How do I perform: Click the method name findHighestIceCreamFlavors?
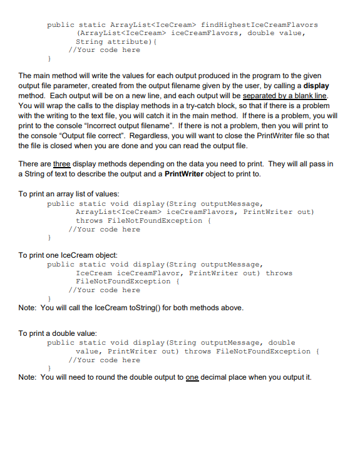(259, 24)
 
